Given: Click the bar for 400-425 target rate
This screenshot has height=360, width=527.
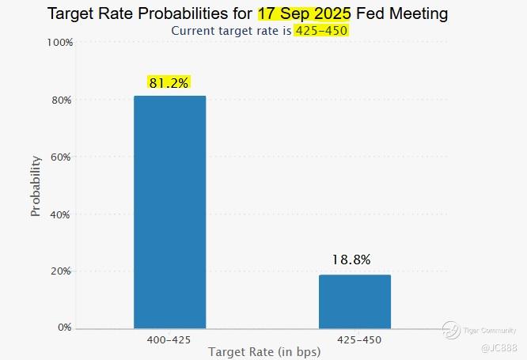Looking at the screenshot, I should point(169,212).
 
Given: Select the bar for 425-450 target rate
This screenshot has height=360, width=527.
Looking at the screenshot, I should point(354,301).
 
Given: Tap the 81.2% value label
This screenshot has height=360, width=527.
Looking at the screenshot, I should point(169,82).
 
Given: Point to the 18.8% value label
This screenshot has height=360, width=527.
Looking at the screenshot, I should point(351,259).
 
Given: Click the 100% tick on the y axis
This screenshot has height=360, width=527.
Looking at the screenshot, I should point(60,42).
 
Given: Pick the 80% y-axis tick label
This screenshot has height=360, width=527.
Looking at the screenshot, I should point(63,100).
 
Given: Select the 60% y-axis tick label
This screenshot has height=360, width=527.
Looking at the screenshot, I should point(63,157).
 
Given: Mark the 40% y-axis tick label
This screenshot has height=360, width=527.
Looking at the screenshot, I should point(63,214).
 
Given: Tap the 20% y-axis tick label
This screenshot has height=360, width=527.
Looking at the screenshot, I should point(63,271).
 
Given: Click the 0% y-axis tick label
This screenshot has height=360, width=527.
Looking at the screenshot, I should point(65,327).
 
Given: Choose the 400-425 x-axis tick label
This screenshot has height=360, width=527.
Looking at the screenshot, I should point(169,339).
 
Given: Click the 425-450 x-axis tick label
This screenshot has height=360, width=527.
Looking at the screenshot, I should point(354,339).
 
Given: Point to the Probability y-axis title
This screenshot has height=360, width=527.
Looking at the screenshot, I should point(36,186).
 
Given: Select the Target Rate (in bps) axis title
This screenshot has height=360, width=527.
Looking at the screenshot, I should point(263,352).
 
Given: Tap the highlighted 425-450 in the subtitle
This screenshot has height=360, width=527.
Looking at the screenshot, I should point(320,30).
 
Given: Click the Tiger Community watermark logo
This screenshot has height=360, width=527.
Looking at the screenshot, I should point(452,329).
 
